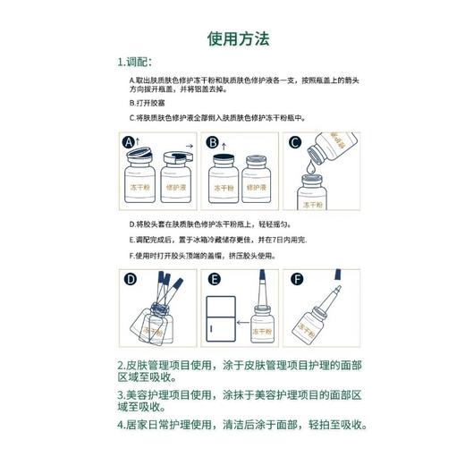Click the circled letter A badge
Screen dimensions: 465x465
[128, 142]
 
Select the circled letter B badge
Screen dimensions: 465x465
[212, 142]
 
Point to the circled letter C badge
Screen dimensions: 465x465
[294, 142]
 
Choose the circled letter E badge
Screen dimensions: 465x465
[212, 278]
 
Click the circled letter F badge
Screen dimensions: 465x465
[294, 278]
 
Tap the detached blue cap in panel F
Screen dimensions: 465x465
[337, 292]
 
